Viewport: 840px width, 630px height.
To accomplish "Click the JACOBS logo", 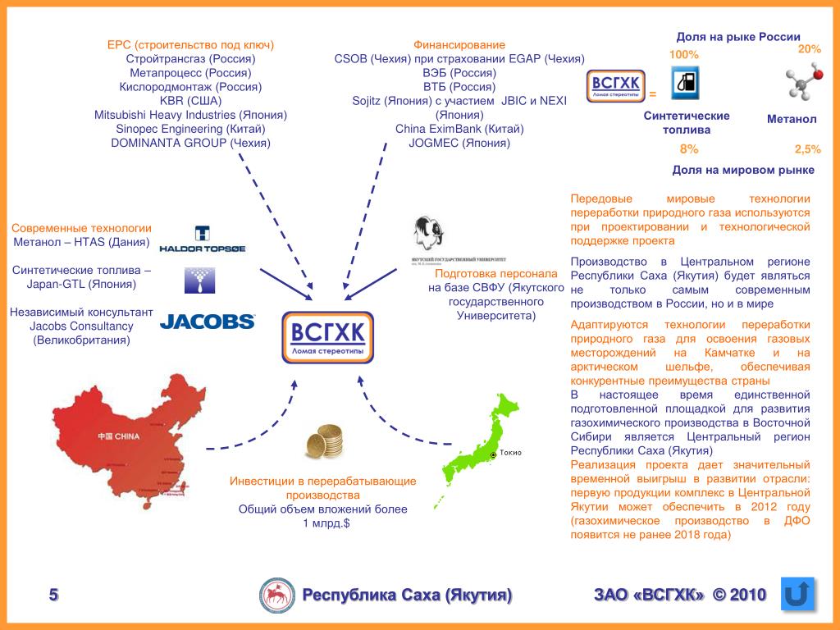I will pos(207,322).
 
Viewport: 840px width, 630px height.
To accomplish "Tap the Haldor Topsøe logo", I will pos(202,239).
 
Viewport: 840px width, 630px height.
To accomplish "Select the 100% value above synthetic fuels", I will pos(684,54).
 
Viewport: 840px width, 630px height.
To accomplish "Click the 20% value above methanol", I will pos(809,49).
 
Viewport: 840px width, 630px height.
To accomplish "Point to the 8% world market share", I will pos(689,149).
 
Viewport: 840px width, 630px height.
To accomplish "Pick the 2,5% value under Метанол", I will pos(807,149).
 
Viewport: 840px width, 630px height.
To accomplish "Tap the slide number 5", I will pos(54,595).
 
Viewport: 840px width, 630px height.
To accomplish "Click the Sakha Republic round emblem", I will pos(277,595).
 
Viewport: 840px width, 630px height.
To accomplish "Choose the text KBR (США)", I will pos(190,101).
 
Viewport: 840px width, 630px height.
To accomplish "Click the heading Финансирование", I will pos(459,45).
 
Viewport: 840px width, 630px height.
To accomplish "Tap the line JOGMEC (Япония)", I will pos(459,143).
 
